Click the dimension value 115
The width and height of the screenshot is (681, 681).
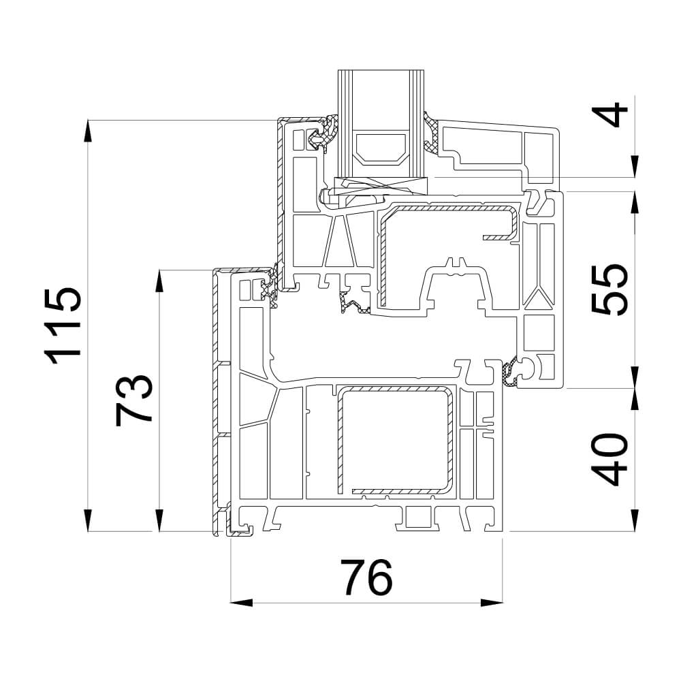click(x=63, y=325)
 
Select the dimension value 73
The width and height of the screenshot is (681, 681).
click(x=133, y=400)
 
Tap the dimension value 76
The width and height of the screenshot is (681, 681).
click(x=366, y=577)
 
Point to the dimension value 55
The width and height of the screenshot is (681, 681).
click(x=610, y=289)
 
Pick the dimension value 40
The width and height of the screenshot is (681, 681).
click(x=610, y=459)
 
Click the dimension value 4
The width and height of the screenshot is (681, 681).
click(x=610, y=114)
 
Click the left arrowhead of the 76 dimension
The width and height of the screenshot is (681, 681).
click(x=241, y=603)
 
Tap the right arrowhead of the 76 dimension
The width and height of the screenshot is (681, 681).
click(x=492, y=603)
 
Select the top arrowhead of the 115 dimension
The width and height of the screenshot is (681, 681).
click(x=88, y=131)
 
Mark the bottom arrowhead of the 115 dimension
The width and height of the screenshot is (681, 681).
click(x=88, y=520)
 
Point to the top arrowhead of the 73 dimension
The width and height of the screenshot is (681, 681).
click(x=160, y=281)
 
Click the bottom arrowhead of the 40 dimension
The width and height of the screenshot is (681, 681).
click(x=635, y=520)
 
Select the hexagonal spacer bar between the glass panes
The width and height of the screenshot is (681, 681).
click(x=381, y=149)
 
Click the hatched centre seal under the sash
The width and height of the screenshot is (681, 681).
click(x=353, y=302)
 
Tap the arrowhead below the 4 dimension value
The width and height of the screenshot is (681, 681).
click(x=635, y=167)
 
